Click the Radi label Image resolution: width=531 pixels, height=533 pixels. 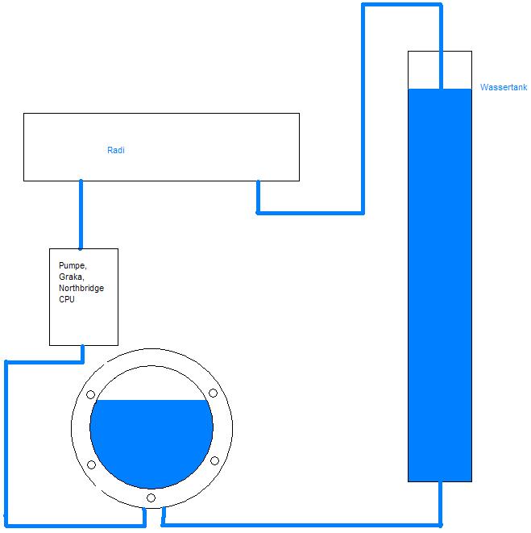[x=116, y=150]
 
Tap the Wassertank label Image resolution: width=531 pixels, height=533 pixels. [x=503, y=87]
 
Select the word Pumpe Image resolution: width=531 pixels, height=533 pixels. [x=72, y=265]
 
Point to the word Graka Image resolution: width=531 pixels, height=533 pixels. [x=71, y=277]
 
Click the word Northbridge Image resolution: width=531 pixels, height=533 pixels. [x=81, y=288]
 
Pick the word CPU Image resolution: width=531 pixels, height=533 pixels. [x=67, y=299]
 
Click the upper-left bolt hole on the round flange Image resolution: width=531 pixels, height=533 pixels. [x=91, y=395]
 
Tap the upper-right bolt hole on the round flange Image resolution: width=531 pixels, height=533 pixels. [x=214, y=394]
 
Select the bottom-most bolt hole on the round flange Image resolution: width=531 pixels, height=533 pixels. [x=151, y=498]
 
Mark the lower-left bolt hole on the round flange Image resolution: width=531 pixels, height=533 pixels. [x=91, y=465]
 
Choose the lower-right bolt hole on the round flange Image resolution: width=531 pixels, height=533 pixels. [x=214, y=461]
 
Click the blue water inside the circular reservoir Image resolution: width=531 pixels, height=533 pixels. [x=151, y=443]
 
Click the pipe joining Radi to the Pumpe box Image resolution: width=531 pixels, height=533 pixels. [x=81, y=214]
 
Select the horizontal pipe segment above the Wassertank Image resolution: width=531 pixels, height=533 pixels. [x=401, y=6]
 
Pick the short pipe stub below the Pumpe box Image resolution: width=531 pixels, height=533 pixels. [x=82, y=354]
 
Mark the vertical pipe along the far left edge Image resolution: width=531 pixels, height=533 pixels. [x=6, y=443]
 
